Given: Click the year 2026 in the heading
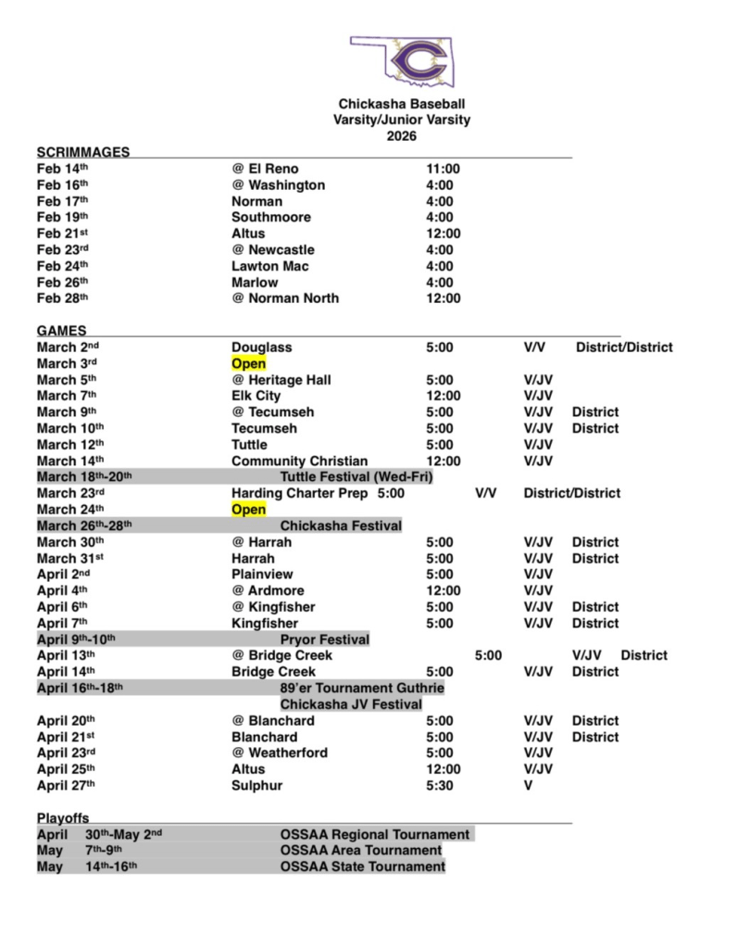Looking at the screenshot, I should [401, 136].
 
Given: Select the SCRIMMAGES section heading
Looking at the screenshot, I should [83, 152].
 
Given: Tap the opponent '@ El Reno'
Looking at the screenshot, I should [265, 169].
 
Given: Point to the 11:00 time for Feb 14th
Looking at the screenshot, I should [443, 169].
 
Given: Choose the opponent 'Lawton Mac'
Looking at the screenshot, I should [270, 266].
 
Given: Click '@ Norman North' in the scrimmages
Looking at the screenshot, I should [285, 298].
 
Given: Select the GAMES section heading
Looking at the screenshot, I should [62, 330].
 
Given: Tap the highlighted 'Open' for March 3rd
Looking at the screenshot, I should [248, 363].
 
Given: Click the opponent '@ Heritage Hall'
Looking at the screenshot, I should [281, 380].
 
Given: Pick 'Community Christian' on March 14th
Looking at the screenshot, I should [299, 461].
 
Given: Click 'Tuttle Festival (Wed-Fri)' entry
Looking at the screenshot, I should [356, 477].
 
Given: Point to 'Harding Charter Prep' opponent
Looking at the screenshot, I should [299, 493].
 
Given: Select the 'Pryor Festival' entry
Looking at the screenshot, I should [324, 639].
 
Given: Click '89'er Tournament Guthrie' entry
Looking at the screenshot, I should [362, 688].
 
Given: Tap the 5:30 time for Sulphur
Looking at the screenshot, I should [440, 785].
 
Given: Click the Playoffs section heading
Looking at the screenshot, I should [62, 817].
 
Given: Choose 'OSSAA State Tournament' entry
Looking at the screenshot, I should [362, 867].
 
